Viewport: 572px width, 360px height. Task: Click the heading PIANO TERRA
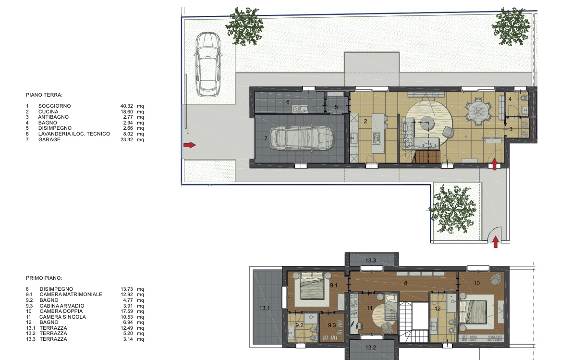tap(44, 95)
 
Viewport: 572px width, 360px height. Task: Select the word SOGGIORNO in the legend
tap(55, 106)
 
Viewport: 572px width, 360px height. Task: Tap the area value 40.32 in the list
tap(127, 106)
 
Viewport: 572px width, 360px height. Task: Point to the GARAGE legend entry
tap(49, 139)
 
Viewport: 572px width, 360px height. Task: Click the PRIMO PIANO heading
tap(44, 278)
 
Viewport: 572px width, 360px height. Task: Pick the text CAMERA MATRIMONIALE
tap(71, 294)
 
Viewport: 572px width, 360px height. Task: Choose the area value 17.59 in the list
tap(127, 311)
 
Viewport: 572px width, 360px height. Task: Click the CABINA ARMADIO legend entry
tap(61, 306)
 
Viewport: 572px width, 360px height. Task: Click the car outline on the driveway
tap(208, 64)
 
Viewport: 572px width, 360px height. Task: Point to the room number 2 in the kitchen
tap(365, 121)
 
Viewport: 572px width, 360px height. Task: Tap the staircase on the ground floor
tap(427, 157)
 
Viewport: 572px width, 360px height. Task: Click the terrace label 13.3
tap(371, 261)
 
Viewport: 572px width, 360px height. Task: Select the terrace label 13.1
tap(265, 308)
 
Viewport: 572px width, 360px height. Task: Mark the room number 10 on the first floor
tap(476, 283)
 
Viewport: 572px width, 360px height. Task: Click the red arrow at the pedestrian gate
tap(495, 242)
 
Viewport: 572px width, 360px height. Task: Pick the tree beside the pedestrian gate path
tap(453, 209)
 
